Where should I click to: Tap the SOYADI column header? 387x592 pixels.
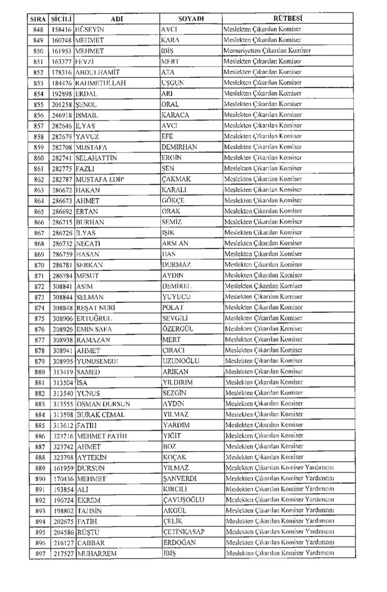(x=192, y=19)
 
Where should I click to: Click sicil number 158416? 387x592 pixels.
(x=61, y=30)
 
